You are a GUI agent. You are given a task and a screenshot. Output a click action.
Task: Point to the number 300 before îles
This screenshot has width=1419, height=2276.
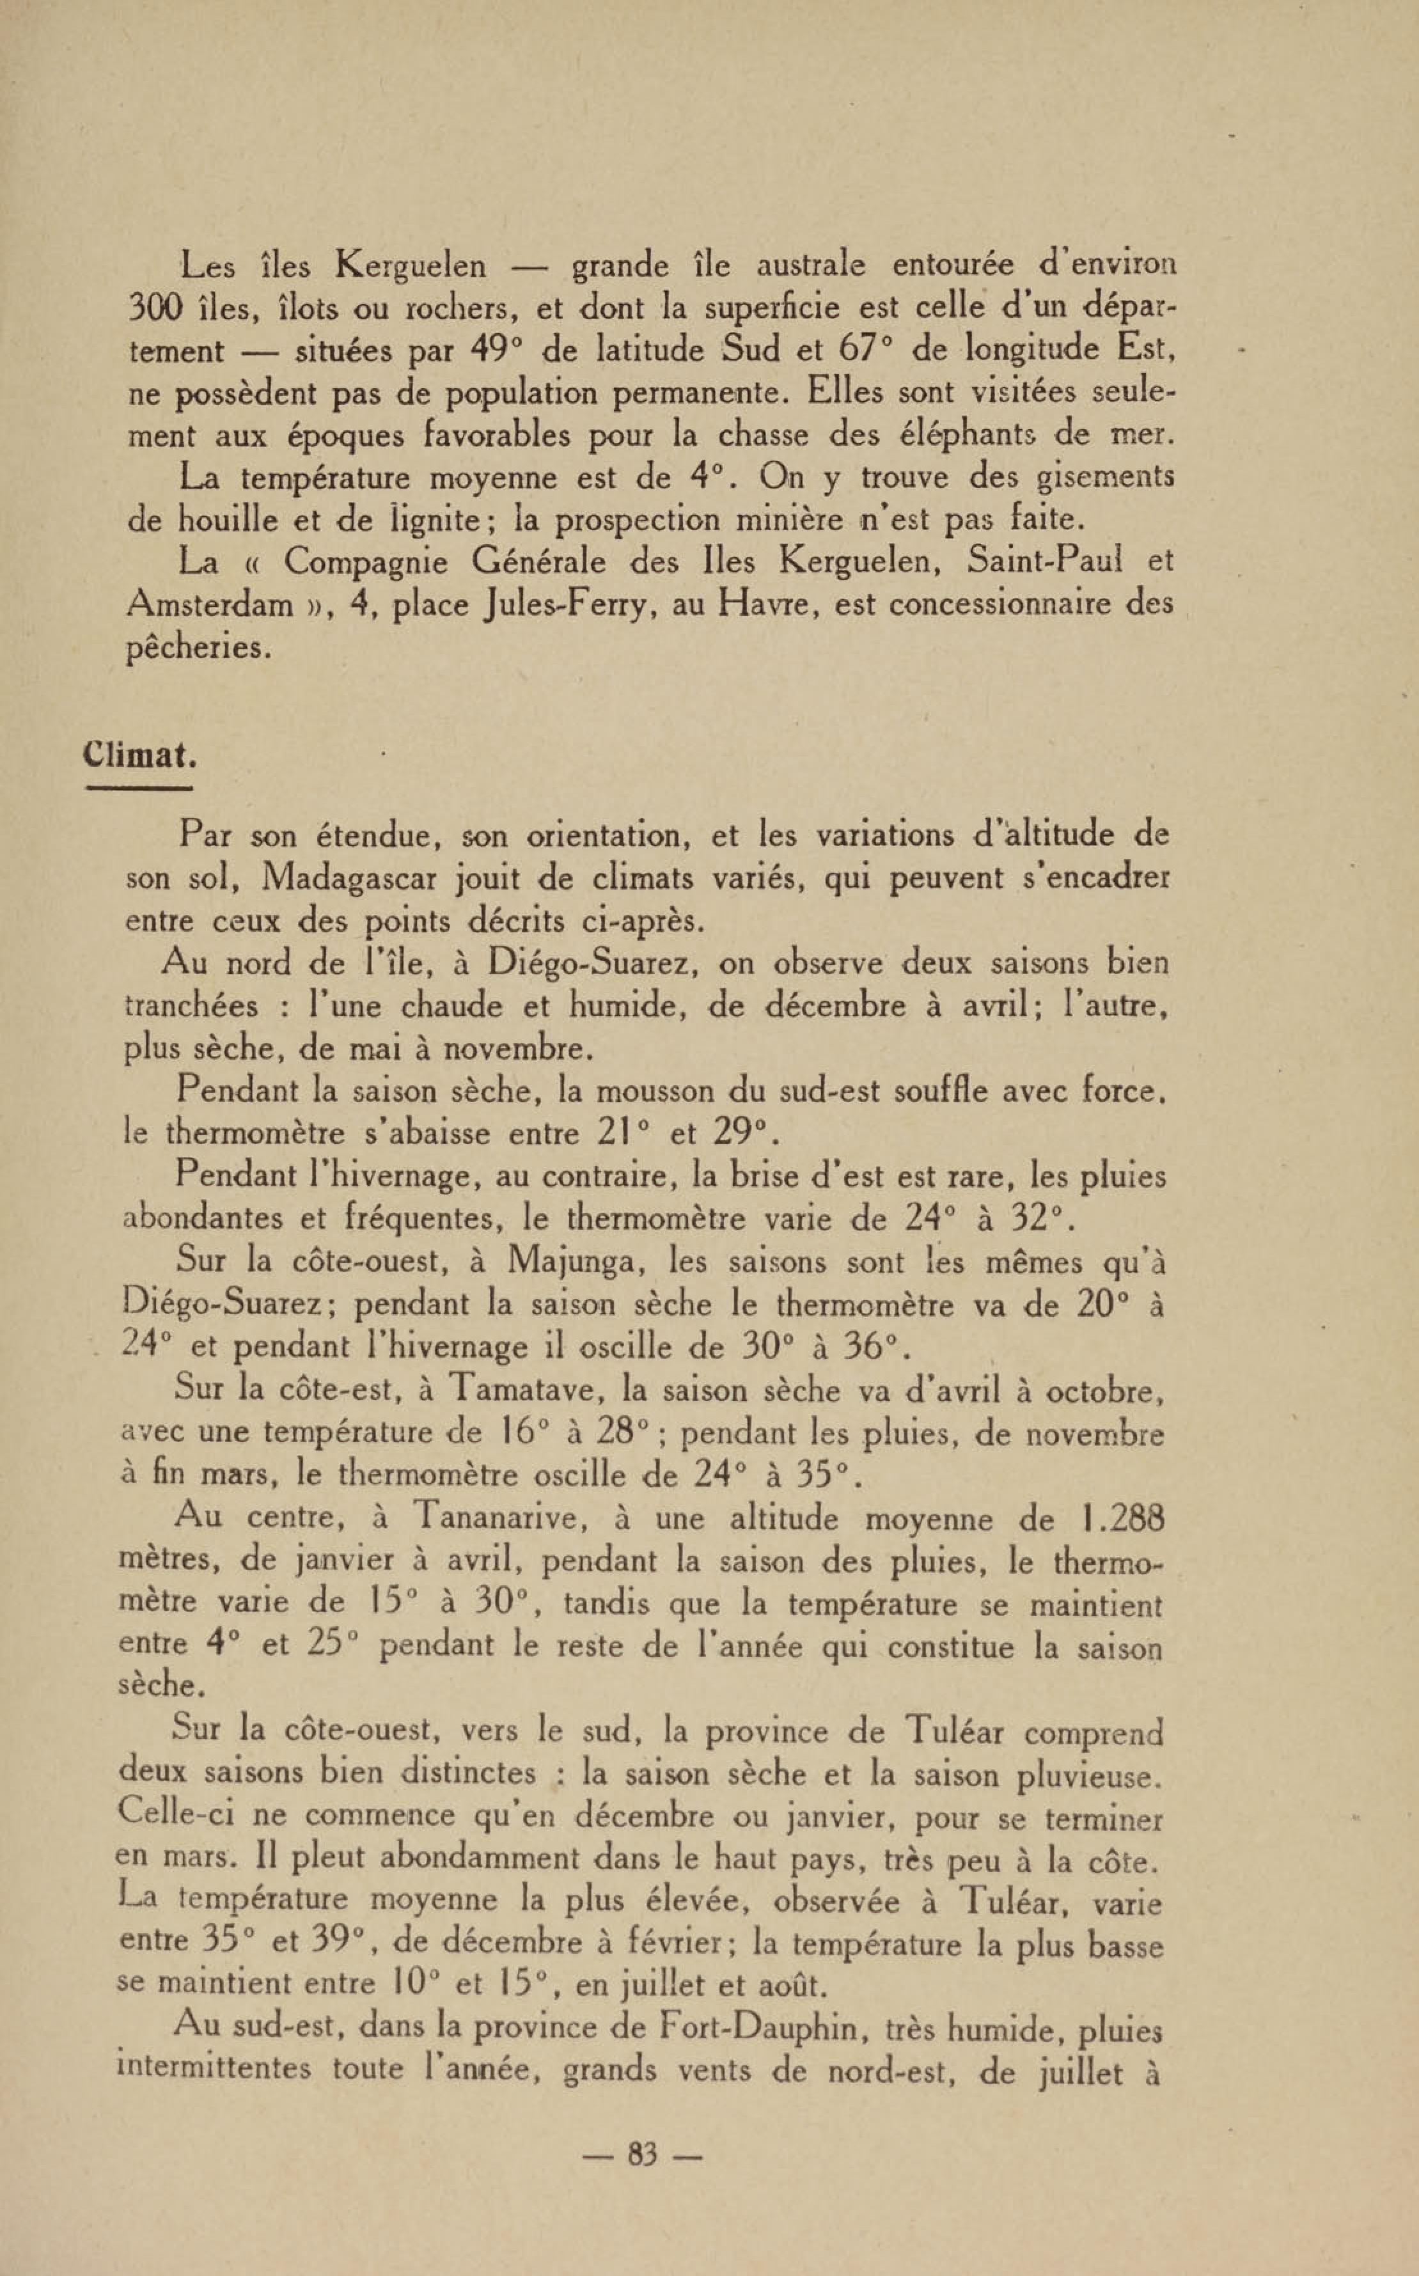tap(159, 308)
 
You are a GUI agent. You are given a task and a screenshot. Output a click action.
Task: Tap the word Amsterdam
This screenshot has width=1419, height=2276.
tap(209, 604)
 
